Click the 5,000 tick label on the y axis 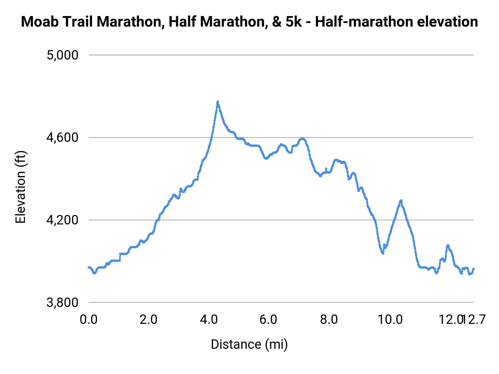[62, 55]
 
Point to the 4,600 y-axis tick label [62, 138]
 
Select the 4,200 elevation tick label [62, 220]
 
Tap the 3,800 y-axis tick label [62, 303]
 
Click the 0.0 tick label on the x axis [88, 319]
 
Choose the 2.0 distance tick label [148, 319]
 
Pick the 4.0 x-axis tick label [208, 319]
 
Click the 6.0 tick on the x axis [268, 319]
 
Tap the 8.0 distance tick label [329, 319]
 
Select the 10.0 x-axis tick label [390, 319]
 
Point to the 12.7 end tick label [475, 319]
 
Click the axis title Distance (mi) [249, 344]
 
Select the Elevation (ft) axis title [21, 187]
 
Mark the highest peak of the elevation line [218, 102]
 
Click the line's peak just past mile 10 [401, 200]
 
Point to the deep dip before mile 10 [383, 253]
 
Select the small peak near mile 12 [448, 245]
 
